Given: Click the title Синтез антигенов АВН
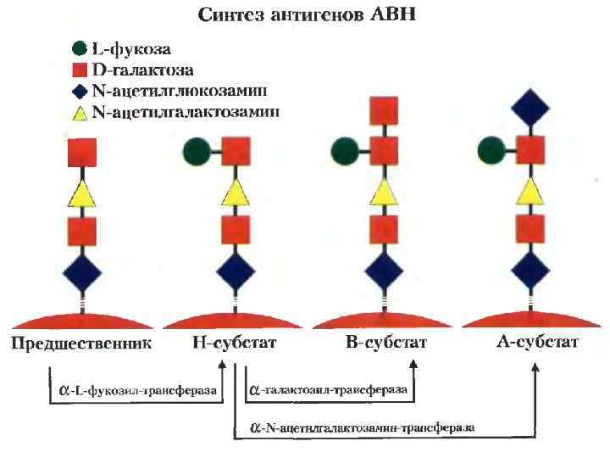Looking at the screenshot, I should tap(305, 16).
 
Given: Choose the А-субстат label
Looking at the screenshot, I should tap(537, 343).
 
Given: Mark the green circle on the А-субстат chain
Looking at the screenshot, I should tap(492, 153).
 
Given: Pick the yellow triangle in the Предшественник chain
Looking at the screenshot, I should tap(81, 194).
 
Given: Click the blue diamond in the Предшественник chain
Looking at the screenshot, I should tap(81, 274).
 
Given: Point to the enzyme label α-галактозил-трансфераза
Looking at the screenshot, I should tap(328, 390).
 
